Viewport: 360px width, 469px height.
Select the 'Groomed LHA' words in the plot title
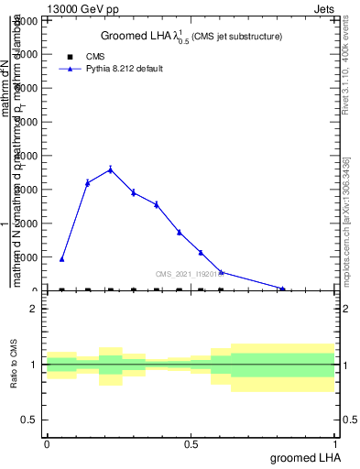point(134,36)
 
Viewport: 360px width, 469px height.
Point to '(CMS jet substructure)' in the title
point(235,37)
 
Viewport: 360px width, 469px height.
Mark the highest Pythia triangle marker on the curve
point(111,169)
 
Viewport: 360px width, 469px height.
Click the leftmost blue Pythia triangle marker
point(62,259)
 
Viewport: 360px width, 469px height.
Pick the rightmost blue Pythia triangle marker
point(283,289)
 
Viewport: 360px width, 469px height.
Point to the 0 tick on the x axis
point(47,443)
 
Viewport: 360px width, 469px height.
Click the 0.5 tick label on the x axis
point(191,443)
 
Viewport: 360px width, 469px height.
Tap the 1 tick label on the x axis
point(337,443)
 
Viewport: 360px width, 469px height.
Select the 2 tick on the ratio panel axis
point(35,309)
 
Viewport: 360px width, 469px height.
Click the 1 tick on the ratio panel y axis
point(35,365)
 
